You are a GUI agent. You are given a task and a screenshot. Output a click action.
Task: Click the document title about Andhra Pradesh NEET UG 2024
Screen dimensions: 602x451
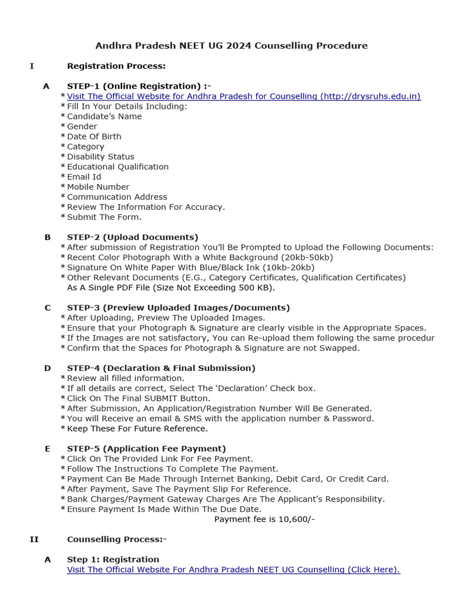click(x=231, y=46)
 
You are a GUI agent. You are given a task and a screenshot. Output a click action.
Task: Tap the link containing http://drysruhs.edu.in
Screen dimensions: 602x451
click(x=244, y=96)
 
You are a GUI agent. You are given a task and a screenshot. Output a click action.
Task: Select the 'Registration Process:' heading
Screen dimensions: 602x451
click(x=116, y=66)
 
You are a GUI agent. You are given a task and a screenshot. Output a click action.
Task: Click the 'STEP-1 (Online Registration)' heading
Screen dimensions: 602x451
click(x=139, y=86)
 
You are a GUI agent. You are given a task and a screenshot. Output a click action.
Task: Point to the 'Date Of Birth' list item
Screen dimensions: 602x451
click(x=94, y=136)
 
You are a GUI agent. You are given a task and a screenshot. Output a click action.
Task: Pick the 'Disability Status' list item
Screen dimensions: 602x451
click(x=100, y=157)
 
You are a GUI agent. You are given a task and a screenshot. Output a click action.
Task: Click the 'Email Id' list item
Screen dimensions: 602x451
click(x=84, y=177)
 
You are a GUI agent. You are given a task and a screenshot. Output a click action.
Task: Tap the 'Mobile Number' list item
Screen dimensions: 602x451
click(x=98, y=187)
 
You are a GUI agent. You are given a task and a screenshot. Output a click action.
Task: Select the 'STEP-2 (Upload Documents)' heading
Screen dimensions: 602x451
click(x=133, y=238)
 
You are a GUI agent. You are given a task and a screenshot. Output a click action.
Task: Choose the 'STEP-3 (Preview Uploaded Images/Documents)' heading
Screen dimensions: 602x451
click(x=179, y=307)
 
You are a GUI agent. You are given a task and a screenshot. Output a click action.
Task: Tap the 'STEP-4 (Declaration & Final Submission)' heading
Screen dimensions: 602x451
click(x=161, y=368)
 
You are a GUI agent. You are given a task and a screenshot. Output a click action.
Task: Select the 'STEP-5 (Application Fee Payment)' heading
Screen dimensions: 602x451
click(x=146, y=449)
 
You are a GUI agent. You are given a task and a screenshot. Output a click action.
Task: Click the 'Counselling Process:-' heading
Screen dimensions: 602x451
click(x=117, y=539)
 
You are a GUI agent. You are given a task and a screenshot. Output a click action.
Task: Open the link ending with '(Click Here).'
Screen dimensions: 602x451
click(x=234, y=570)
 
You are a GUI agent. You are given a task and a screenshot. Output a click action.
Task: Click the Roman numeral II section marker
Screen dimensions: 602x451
click(x=34, y=539)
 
